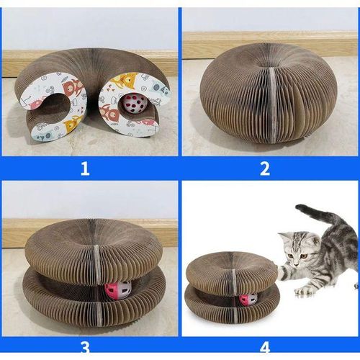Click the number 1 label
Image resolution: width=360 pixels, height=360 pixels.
click(x=85, y=168)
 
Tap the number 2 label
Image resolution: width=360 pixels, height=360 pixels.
click(x=265, y=168)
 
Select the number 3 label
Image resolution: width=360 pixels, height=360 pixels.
click(x=85, y=348)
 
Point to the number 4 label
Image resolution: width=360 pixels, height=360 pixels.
click(x=265, y=348)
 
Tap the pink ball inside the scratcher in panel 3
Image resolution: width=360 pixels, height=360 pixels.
click(x=118, y=291)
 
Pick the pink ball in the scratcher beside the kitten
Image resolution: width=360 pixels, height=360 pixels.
click(x=248, y=301)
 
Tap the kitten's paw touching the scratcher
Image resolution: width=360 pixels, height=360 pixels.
click(x=282, y=271)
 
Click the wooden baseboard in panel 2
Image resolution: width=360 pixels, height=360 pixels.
click(x=270, y=45)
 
